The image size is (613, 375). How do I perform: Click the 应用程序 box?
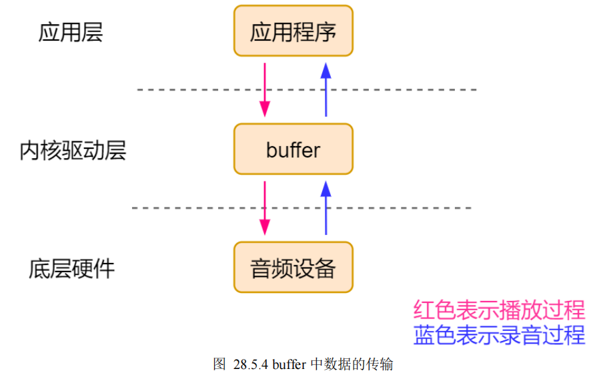tap(293, 31)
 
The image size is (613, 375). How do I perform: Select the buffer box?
tap(293, 149)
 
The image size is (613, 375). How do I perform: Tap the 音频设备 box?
tap(293, 268)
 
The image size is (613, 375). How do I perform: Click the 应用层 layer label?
tap(71, 32)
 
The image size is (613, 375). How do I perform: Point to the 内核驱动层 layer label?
tap(73, 151)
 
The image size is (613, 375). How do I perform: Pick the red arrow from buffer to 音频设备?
tap(265, 208)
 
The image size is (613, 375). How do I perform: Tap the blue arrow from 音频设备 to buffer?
tap(326, 208)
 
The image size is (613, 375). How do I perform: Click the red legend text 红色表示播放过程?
tap(499, 310)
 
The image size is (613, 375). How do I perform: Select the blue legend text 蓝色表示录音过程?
tap(499, 334)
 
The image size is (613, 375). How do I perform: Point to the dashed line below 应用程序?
tap(307, 89)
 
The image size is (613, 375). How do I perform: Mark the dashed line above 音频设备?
tap(301, 208)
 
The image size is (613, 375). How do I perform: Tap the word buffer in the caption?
tap(288, 364)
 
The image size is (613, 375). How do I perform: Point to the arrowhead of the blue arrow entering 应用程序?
tap(326, 69)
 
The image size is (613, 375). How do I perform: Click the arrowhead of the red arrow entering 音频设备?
tap(265, 228)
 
